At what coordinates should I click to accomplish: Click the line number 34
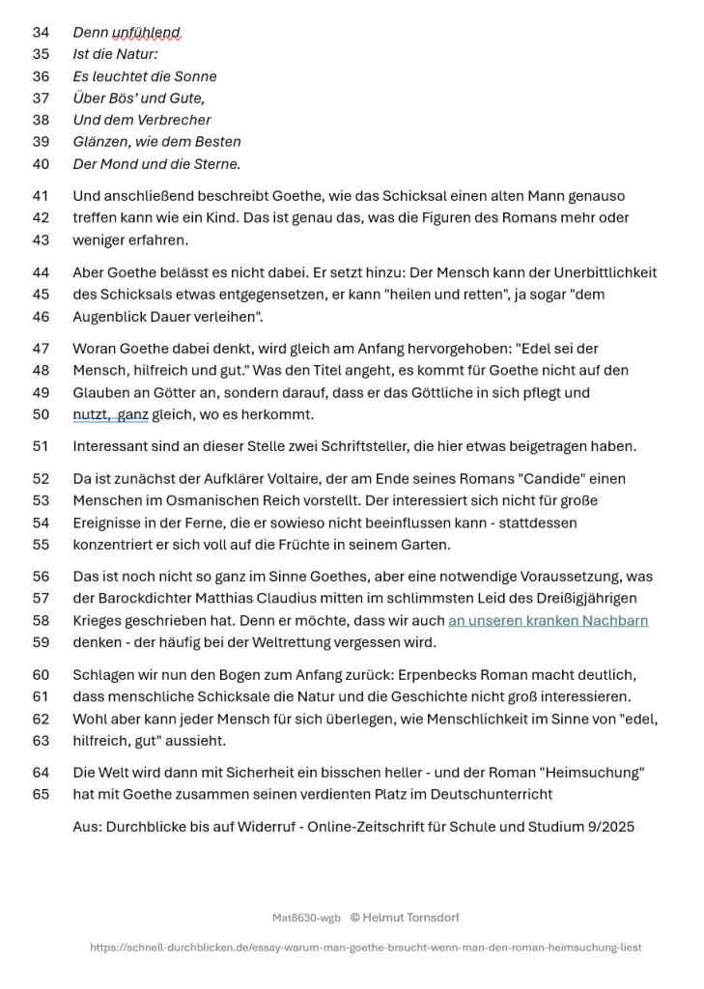[41, 33]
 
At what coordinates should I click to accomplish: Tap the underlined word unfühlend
[147, 33]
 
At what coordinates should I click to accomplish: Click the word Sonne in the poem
[195, 76]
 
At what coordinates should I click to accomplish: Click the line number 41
[41, 196]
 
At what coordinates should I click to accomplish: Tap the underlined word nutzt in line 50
[91, 415]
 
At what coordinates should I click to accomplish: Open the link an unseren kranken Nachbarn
[548, 621]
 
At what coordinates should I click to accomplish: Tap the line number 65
[41, 794]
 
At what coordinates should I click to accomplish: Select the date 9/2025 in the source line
[606, 827]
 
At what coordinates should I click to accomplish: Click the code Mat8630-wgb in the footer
[306, 918]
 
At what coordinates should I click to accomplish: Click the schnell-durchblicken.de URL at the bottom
[365, 947]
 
